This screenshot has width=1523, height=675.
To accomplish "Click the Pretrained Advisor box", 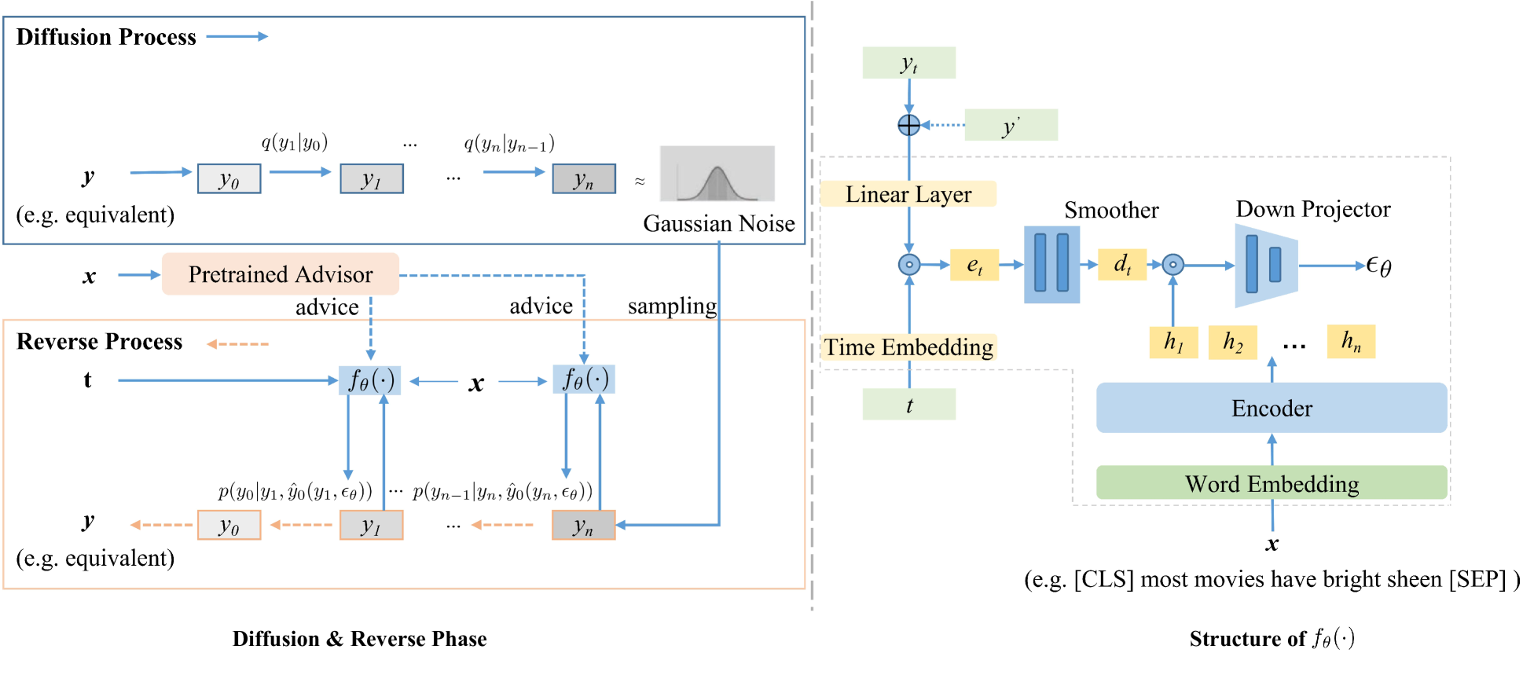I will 280,274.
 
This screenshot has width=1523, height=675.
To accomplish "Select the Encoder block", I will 1271,408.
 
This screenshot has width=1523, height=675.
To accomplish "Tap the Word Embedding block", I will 1271,483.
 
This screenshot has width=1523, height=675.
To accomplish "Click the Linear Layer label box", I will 908,194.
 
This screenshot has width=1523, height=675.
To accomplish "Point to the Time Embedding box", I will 908,347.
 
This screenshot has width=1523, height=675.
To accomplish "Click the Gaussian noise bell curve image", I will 717,174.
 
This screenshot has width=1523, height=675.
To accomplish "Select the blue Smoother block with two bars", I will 1051,265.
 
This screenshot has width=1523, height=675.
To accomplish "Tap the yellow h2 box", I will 1232,342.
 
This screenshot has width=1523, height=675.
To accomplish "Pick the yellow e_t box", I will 974,266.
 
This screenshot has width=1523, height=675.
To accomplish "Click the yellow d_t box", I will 1121,265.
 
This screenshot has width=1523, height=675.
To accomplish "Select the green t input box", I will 908,405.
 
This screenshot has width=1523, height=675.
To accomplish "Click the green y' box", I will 1011,126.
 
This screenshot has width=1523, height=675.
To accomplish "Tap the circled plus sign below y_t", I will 908,125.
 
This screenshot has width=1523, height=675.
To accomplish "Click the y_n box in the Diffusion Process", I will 583,179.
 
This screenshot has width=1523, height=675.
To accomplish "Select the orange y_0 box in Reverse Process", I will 229,525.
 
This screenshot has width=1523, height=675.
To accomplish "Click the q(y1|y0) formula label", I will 295,143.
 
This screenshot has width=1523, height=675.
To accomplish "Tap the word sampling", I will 672,306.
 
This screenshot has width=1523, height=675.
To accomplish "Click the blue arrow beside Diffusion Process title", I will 237,36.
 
